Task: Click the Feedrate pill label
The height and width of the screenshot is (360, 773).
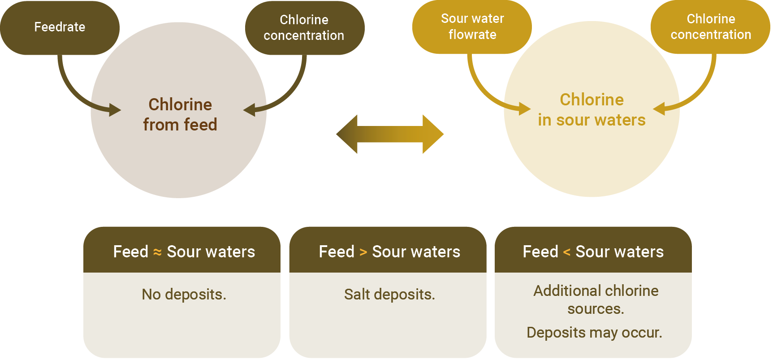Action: coord(60,27)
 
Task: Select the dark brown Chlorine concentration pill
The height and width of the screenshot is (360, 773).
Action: coord(304,28)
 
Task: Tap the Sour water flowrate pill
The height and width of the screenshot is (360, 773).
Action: coord(472,27)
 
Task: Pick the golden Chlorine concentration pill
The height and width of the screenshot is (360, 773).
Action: coord(710,27)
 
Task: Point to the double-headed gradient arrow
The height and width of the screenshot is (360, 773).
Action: coord(390,134)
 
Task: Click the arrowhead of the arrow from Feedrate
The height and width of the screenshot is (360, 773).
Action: coord(114,109)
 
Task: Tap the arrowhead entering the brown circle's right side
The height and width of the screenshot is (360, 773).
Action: coord(250,109)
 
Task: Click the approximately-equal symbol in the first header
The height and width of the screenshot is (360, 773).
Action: coord(157,252)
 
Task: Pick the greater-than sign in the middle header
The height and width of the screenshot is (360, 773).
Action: coord(363,252)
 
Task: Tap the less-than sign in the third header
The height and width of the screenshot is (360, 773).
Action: coord(566,252)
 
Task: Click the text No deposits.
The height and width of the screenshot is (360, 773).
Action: coord(184,295)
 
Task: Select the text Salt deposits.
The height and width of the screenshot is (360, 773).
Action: coord(389,295)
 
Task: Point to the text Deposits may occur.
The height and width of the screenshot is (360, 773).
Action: coord(594,333)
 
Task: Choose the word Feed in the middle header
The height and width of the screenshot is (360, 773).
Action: coord(336,252)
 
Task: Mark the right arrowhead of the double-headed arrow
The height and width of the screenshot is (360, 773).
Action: coord(433,134)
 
